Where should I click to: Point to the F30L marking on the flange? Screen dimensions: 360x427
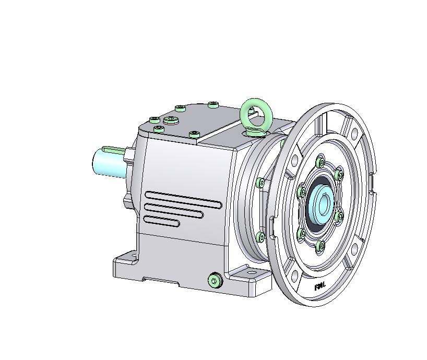pos(319,286)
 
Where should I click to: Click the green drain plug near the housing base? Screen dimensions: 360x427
pos(214,281)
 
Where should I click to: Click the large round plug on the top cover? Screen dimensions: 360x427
pos(171,121)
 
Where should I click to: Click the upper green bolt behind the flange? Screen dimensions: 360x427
pos(260,182)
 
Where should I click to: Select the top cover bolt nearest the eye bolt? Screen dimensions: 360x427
pos(213,105)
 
